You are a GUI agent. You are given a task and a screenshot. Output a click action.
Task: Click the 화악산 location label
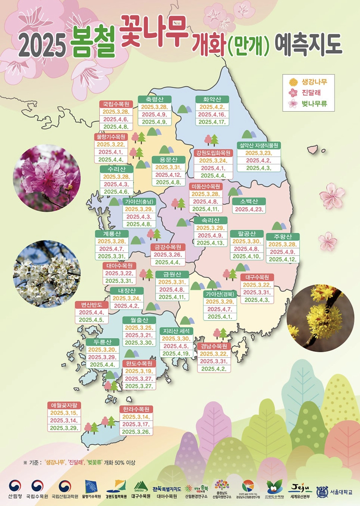(212, 99)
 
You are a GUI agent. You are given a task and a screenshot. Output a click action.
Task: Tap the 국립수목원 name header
(116, 104)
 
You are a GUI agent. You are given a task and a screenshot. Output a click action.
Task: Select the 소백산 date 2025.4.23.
(249, 209)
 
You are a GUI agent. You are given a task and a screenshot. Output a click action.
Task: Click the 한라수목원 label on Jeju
(136, 409)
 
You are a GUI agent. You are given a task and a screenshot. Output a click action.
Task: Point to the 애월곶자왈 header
(64, 405)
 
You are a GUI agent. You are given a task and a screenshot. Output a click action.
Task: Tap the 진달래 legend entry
(311, 93)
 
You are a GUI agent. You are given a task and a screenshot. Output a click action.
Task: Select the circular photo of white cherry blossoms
(47, 274)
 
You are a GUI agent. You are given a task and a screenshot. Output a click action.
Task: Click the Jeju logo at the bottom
(300, 489)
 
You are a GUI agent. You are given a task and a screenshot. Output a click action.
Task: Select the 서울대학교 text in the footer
(341, 492)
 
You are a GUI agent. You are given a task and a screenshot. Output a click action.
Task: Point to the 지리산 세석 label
(176, 331)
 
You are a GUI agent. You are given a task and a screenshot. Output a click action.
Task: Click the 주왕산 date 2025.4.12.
(283, 259)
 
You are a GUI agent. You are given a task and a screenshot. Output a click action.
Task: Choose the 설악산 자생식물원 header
(259, 145)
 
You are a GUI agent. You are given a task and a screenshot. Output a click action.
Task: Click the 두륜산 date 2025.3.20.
(102, 350)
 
